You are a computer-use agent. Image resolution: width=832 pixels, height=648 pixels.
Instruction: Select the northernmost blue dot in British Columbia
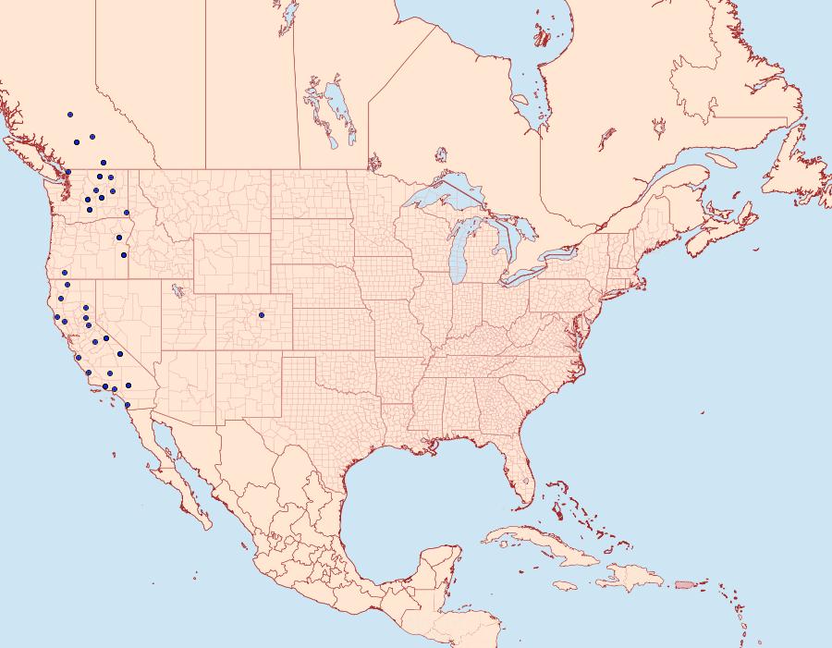point(69,116)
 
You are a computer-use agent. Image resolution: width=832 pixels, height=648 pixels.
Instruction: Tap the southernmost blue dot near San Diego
point(127,405)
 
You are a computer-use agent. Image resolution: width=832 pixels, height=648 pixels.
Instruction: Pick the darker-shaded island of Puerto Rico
point(685,584)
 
